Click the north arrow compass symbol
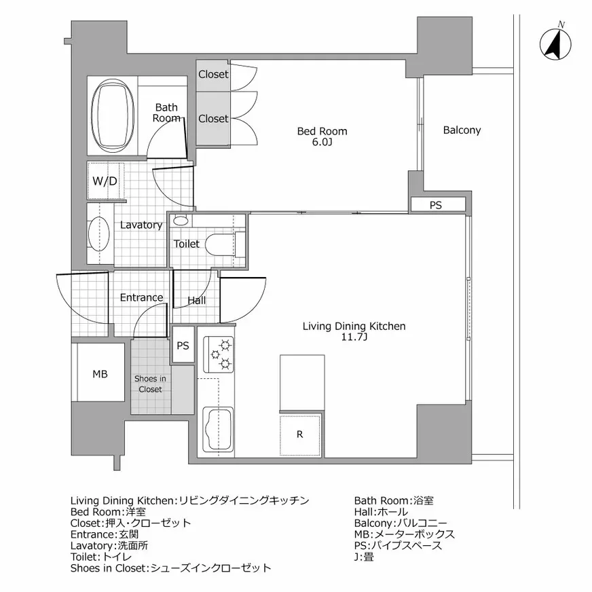(x=555, y=43)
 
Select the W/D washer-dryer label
(x=105, y=181)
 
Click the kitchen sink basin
(x=218, y=429)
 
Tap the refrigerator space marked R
(x=300, y=434)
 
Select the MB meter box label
(x=100, y=374)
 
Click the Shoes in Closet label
(x=150, y=384)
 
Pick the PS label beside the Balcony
(x=436, y=205)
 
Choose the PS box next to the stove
(x=183, y=346)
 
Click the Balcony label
(x=462, y=130)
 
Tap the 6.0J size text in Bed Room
(x=322, y=143)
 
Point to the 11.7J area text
(x=354, y=337)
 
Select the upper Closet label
(x=213, y=75)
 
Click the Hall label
(x=197, y=301)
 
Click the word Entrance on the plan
(x=142, y=297)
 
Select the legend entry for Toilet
(x=101, y=557)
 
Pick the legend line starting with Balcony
(x=401, y=523)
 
